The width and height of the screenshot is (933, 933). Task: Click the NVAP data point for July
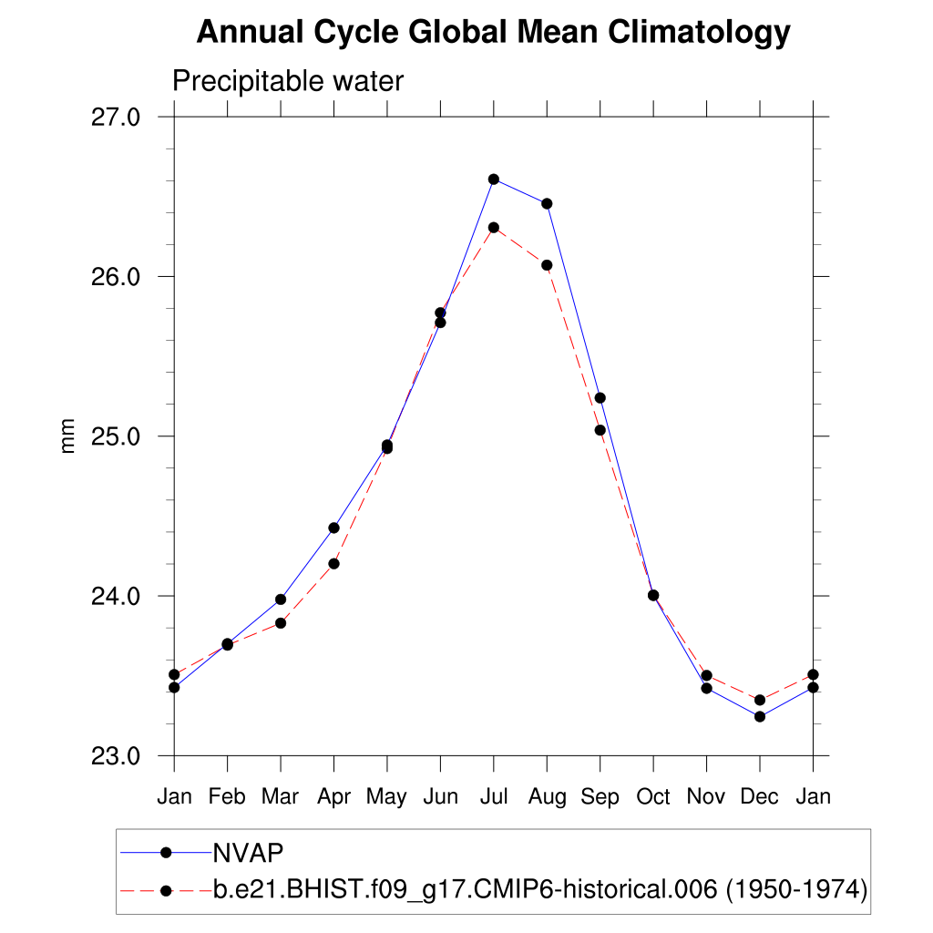pyautogui.click(x=494, y=179)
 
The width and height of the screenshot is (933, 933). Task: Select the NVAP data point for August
pyautogui.click(x=547, y=203)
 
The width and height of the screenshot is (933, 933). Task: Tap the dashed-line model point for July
pyautogui.click(x=494, y=227)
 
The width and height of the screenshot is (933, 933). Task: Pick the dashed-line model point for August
pyautogui.click(x=547, y=265)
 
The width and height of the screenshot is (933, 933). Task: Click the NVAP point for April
pyautogui.click(x=334, y=528)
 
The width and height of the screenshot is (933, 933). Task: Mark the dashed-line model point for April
pyautogui.click(x=334, y=564)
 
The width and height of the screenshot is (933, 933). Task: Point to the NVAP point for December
pyautogui.click(x=760, y=716)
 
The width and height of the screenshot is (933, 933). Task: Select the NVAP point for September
pyautogui.click(x=600, y=397)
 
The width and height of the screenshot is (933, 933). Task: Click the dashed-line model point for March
pyautogui.click(x=281, y=623)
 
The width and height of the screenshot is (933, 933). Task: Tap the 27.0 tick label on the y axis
pyautogui.click(x=116, y=117)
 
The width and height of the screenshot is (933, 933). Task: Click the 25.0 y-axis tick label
pyautogui.click(x=116, y=436)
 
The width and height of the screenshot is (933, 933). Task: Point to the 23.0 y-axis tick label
pyautogui.click(x=116, y=756)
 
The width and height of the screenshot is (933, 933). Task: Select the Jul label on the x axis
pyautogui.click(x=494, y=797)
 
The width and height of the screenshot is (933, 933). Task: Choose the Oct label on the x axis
pyautogui.click(x=653, y=797)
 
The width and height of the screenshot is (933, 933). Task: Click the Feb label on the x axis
pyautogui.click(x=227, y=797)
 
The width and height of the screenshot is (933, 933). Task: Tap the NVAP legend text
pyautogui.click(x=249, y=852)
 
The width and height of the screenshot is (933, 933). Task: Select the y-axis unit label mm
pyautogui.click(x=68, y=436)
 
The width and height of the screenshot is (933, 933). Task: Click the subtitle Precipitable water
pyautogui.click(x=288, y=81)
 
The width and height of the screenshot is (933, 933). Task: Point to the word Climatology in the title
pyautogui.click(x=699, y=33)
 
